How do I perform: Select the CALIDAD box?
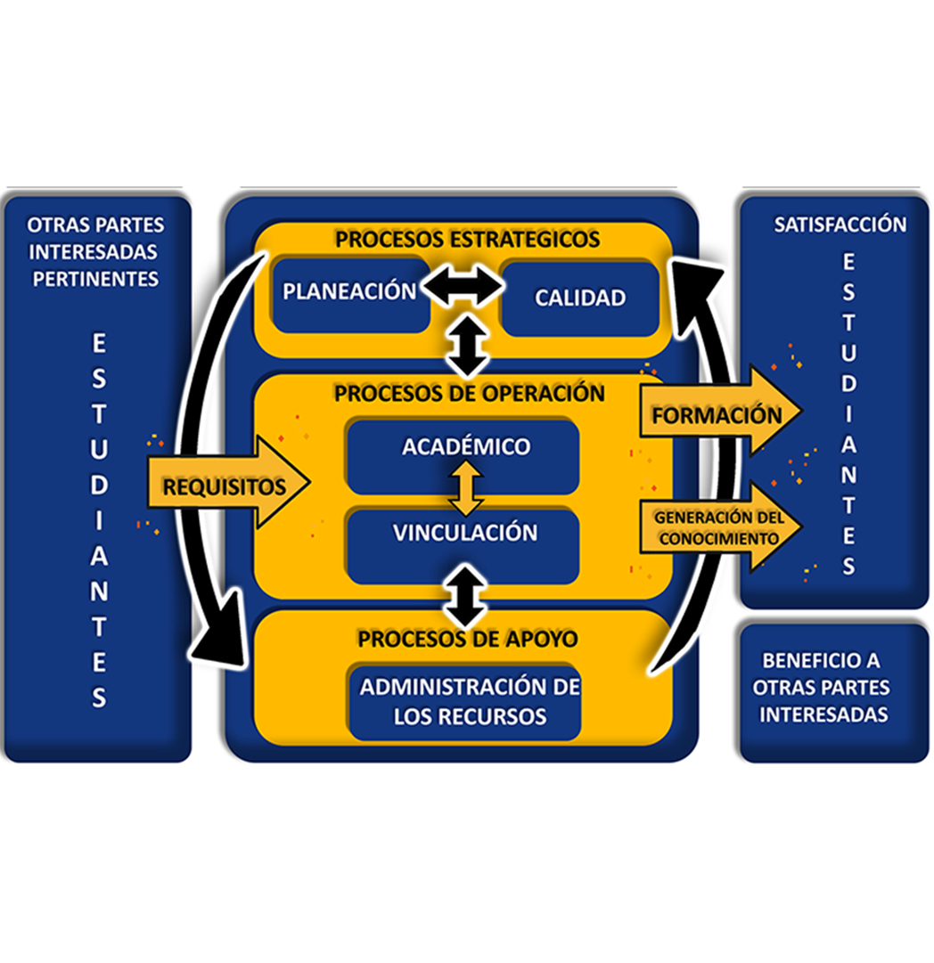pos(579,298)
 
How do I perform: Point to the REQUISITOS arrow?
pos(227,486)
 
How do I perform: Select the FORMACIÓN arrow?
pos(717,414)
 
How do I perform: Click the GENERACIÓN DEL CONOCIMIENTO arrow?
pos(717,527)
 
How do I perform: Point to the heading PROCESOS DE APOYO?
pos(467,639)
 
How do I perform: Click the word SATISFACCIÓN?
pos(839,224)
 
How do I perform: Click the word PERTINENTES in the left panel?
pos(95,279)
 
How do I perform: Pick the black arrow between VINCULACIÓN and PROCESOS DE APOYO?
pos(467,595)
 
